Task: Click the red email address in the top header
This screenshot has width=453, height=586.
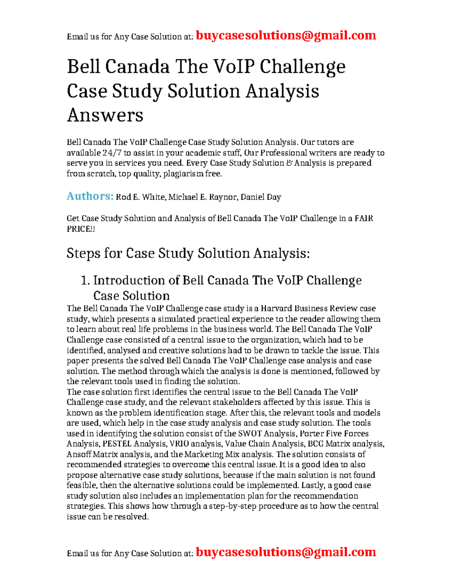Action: [286, 35]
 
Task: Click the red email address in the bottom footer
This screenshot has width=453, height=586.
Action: [286, 552]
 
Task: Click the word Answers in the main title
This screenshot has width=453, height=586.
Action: [105, 115]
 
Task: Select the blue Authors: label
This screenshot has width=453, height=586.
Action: [90, 196]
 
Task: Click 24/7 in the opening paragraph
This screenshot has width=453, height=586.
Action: [112, 153]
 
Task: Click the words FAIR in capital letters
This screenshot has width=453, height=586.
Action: [364, 218]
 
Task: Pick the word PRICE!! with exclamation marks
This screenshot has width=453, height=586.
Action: [81, 229]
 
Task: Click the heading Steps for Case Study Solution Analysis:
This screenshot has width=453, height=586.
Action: [188, 253]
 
